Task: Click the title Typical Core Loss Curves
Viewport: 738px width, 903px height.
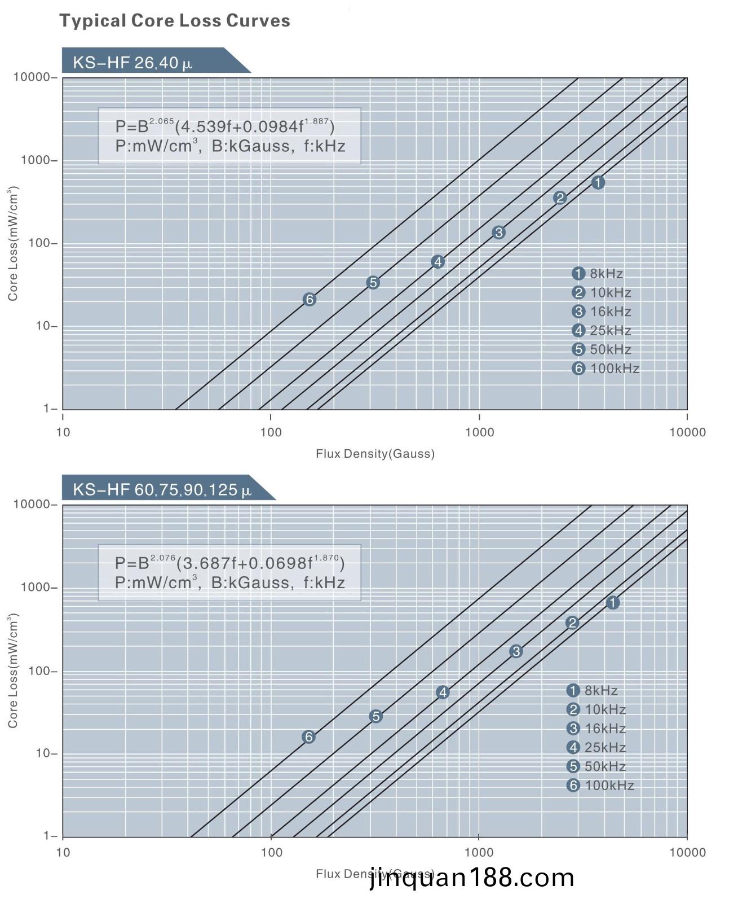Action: (175, 21)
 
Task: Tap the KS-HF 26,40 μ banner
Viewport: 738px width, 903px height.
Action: (133, 62)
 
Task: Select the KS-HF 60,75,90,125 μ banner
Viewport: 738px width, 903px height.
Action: (162, 489)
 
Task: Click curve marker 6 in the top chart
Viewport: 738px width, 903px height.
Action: (309, 300)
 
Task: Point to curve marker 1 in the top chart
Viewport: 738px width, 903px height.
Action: (598, 183)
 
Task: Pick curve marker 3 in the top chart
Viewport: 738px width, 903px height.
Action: (498, 233)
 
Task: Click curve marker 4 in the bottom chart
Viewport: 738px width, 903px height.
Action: (443, 692)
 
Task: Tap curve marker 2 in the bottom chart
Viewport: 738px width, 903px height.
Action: (572, 623)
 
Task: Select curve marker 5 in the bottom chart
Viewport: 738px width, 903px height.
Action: (376, 717)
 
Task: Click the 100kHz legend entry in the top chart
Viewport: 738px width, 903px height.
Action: (606, 369)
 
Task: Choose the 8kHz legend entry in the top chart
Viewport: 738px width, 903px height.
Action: (598, 274)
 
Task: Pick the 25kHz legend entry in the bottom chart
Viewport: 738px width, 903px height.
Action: (596, 748)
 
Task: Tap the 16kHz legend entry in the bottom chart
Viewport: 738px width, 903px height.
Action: (596, 729)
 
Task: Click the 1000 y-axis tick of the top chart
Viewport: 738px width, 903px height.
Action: (36, 160)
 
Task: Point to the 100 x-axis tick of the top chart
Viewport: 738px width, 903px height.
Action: (271, 432)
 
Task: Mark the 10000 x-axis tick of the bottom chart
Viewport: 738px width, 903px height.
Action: (687, 852)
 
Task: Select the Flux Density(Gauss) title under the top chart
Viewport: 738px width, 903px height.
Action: (375, 454)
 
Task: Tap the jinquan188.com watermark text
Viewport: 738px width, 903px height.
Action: (472, 878)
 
